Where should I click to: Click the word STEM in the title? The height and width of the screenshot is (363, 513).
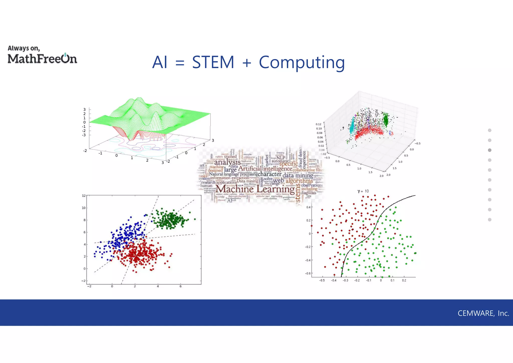(x=213, y=62)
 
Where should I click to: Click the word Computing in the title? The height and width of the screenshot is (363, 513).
(x=302, y=63)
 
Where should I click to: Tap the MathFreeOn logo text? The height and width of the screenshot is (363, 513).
(x=42, y=59)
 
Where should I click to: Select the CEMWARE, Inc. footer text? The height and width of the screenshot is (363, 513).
(x=483, y=313)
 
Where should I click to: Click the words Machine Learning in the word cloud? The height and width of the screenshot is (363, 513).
(x=255, y=189)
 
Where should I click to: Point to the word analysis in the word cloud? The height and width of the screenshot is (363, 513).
(x=227, y=162)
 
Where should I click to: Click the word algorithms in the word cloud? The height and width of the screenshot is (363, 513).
(x=299, y=181)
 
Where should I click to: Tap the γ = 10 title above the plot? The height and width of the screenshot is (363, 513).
(x=363, y=191)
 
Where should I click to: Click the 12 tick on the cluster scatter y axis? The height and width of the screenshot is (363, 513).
(x=84, y=196)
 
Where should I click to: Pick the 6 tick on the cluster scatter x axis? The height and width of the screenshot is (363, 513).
(x=181, y=286)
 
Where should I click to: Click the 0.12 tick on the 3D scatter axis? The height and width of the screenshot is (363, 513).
(x=318, y=124)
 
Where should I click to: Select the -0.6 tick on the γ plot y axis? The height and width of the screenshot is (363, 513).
(x=308, y=273)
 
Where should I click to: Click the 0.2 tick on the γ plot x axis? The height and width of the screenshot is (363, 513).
(x=404, y=281)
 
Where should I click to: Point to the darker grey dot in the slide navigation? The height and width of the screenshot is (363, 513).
(x=490, y=150)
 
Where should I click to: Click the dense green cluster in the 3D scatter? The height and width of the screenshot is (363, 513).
(x=386, y=120)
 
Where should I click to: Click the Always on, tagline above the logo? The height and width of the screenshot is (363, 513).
(x=24, y=48)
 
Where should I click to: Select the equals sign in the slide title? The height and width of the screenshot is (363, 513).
(x=180, y=63)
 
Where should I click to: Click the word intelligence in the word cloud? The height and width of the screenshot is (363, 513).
(x=278, y=168)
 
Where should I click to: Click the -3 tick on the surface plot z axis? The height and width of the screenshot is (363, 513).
(x=84, y=135)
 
